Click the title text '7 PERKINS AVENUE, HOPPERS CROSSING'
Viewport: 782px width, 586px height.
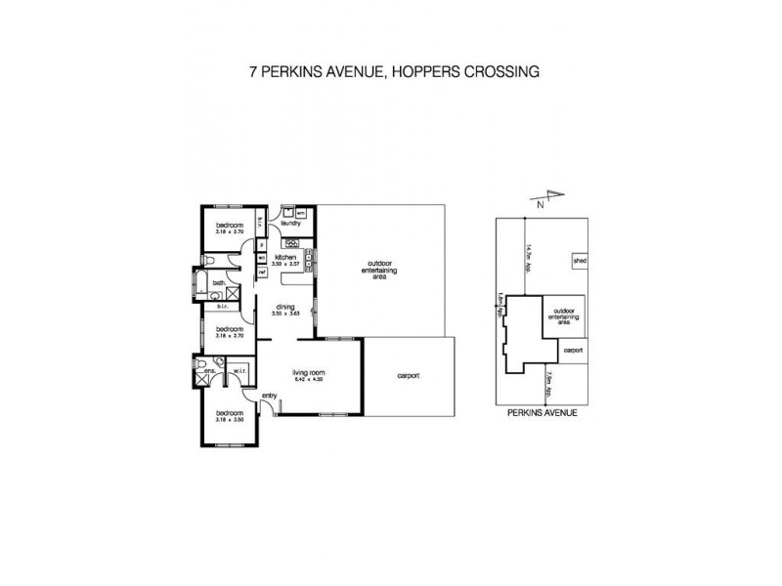(390, 72)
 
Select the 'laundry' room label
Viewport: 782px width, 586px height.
(290, 224)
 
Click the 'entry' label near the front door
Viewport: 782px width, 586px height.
(269, 395)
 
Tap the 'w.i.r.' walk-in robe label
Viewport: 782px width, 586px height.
(238, 370)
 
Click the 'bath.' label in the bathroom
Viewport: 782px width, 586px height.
(220, 284)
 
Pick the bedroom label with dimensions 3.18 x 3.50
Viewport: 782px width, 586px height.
(229, 416)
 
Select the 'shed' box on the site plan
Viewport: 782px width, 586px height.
(580, 262)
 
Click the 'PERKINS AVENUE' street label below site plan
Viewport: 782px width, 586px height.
(543, 413)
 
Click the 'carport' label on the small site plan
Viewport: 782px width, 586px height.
(572, 349)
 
